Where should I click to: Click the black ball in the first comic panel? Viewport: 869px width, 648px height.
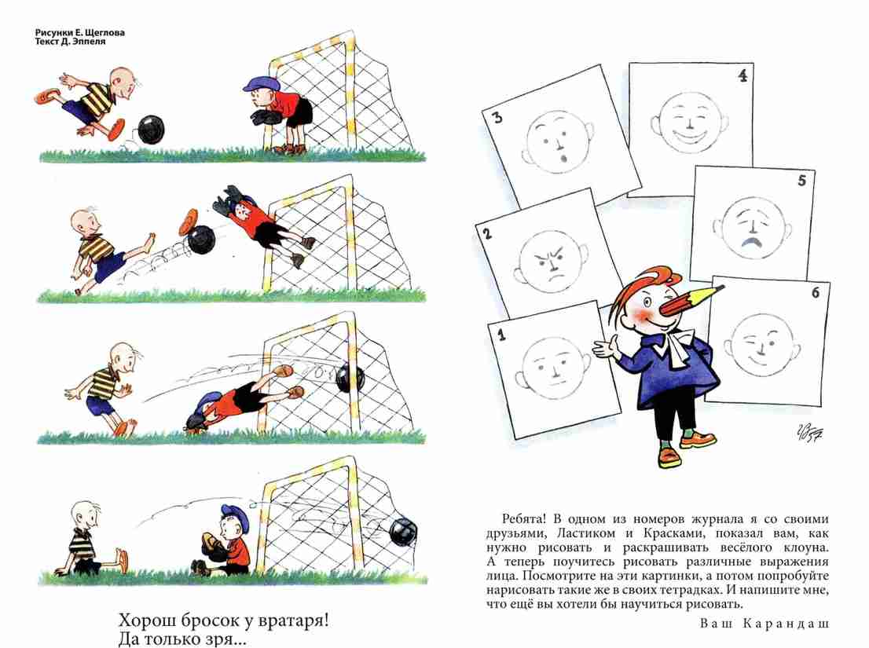pyautogui.click(x=151, y=130)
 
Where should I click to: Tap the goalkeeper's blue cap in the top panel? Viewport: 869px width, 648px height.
pyautogui.click(x=260, y=84)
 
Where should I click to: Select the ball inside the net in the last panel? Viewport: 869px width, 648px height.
pyautogui.click(x=402, y=532)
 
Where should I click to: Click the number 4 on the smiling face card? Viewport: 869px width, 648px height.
pyautogui.click(x=742, y=75)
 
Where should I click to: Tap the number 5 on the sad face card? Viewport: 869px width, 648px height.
pyautogui.click(x=801, y=181)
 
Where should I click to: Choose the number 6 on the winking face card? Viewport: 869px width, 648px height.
pyautogui.click(x=816, y=292)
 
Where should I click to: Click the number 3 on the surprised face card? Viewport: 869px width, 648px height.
pyautogui.click(x=497, y=117)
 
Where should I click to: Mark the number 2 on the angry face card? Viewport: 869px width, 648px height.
pyautogui.click(x=487, y=233)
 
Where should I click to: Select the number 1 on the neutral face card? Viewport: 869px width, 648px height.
pyautogui.click(x=501, y=334)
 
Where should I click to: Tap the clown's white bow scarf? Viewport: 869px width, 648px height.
pyautogui.click(x=674, y=344)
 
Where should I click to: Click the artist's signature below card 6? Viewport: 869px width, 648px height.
pyautogui.click(x=808, y=431)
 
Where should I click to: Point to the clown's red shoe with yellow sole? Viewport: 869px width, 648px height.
pyautogui.click(x=669, y=457)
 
